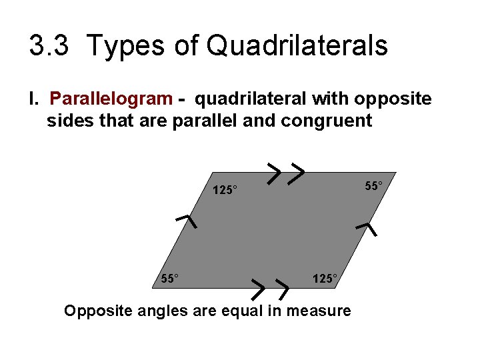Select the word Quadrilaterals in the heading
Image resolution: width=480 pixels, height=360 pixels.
point(297,46)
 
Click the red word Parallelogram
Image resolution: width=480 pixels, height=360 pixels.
point(111,99)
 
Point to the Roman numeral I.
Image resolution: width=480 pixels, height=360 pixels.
point(31,99)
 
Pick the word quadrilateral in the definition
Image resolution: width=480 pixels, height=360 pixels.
point(249,99)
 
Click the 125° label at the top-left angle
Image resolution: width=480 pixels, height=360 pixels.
point(225,190)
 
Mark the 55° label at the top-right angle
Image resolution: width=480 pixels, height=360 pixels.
point(374,185)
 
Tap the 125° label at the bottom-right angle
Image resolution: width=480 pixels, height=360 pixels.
point(325,278)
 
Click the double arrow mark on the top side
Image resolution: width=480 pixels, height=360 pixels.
point(286,173)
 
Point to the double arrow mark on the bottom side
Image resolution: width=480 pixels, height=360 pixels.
point(268,288)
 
